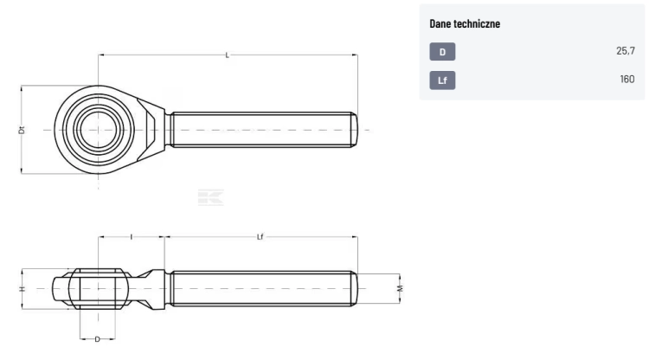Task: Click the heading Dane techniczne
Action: [x=465, y=23]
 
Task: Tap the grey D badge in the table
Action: [x=442, y=52]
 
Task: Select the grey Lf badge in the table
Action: [x=442, y=80]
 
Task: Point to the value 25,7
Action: [x=626, y=51]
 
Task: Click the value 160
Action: [x=627, y=79]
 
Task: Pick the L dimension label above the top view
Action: [x=228, y=55]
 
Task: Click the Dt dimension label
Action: [x=22, y=130]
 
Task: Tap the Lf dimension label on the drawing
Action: [x=260, y=237]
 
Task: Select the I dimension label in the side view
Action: [x=132, y=237]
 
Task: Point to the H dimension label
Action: [x=22, y=288]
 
